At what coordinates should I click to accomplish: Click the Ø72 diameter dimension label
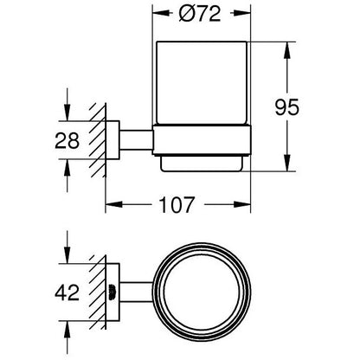[200, 14]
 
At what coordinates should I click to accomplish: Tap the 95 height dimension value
[286, 107]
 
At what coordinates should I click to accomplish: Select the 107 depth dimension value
[177, 205]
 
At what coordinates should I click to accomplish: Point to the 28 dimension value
[67, 140]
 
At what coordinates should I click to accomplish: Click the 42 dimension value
[67, 292]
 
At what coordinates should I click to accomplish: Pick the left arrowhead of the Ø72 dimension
[161, 13]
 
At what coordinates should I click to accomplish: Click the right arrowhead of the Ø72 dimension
[242, 13]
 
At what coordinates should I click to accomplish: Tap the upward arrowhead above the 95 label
[286, 51]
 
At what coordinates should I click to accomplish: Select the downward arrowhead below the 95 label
[286, 163]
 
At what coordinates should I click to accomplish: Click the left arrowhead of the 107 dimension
[114, 204]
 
